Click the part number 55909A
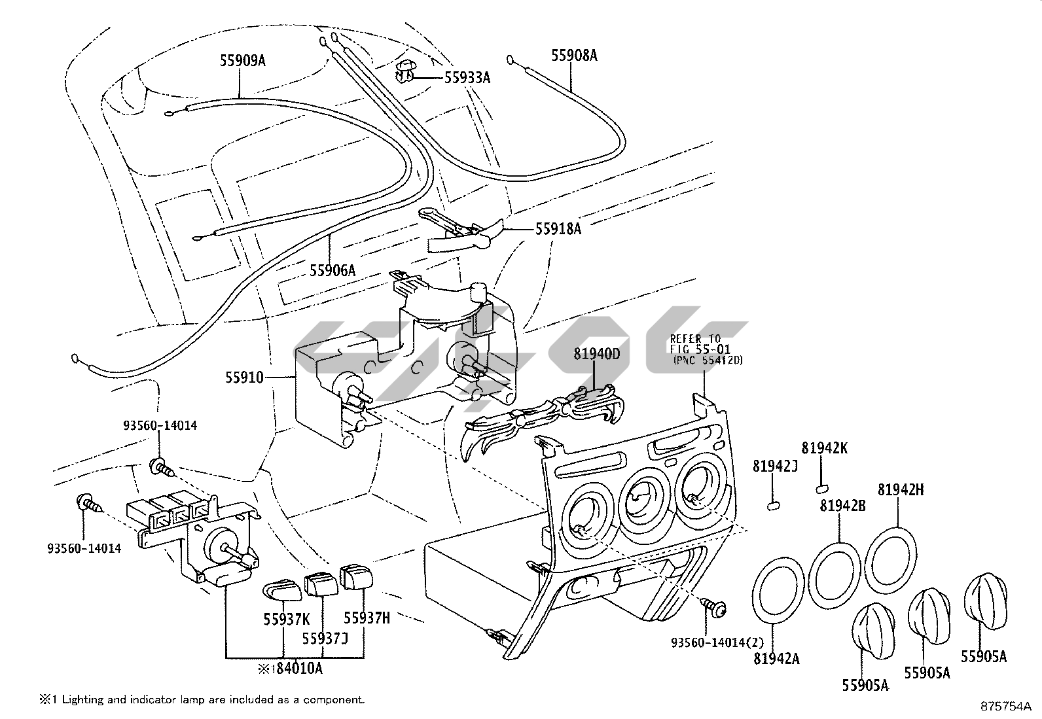[242, 61]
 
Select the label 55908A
[574, 56]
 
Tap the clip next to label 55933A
[405, 72]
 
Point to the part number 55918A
[558, 228]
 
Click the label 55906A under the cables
[332, 270]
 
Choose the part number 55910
[244, 377]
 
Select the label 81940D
[596, 354]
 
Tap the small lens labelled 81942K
[821, 487]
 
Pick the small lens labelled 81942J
[773, 504]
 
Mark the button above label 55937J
[319, 584]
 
